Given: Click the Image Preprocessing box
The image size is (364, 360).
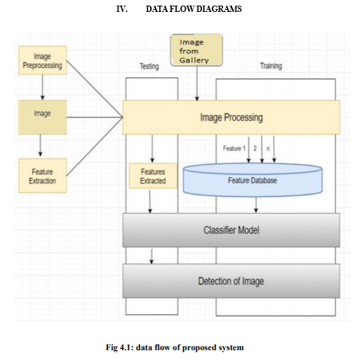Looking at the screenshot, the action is coord(43,60).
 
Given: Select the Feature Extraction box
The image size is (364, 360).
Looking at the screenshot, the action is coord(43,176).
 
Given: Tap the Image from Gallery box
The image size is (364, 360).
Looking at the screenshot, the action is coord(196,50).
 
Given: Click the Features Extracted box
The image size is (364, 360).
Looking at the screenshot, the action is coord(153,176).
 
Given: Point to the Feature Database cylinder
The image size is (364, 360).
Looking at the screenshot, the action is coord(252,179).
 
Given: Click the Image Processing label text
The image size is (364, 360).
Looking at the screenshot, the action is coord(231,118).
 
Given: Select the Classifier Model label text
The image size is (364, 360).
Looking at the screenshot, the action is coord(231,230).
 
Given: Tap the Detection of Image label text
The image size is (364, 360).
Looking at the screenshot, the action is coord(231,281).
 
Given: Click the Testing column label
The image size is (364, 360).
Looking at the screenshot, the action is coord(149,67).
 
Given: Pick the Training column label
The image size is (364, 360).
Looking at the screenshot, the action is coord(271,66).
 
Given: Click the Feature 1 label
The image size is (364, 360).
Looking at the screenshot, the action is coord(234,148).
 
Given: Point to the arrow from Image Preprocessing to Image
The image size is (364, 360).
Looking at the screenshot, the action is coord(42,88).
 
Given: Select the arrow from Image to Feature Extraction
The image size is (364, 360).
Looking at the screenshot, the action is coord(40,145).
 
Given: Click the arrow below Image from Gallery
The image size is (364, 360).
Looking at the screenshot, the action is coord(197,83).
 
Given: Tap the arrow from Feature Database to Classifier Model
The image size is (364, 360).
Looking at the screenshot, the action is coord(256,205).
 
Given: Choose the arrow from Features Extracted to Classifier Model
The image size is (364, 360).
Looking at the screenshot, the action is coord(150,202).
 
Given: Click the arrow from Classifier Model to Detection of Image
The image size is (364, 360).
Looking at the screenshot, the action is coord(151,256).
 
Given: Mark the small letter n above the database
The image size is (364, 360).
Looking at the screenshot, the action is coord(268,148).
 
